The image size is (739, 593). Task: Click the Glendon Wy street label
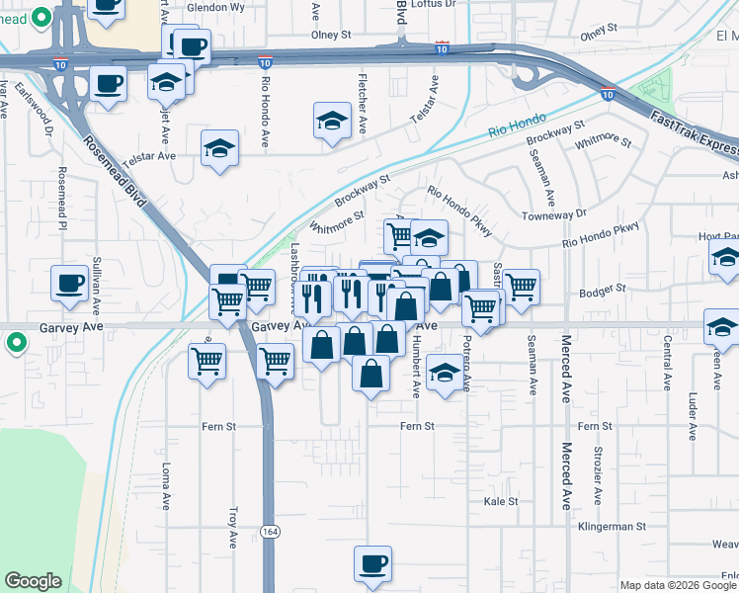pos(216,6)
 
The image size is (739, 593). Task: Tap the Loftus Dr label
pos(436,4)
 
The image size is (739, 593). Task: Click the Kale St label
pos(501,502)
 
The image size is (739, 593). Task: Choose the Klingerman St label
pos(612,527)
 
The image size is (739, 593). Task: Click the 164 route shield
pos(270,532)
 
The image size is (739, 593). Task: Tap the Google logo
pos(33,581)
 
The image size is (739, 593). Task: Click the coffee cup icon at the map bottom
pos(372,563)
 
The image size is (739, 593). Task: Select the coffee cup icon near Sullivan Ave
pos(70,283)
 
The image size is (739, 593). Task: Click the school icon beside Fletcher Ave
pos(332,121)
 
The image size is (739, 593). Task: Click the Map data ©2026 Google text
pos(679,585)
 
